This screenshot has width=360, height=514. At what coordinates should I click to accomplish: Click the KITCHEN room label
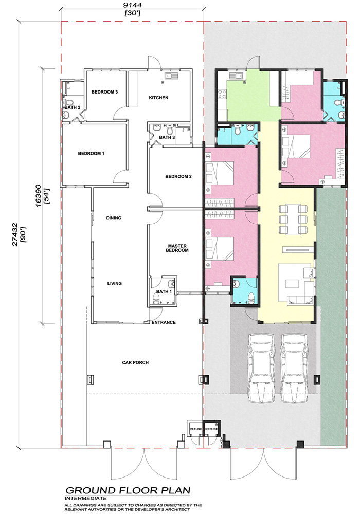158,98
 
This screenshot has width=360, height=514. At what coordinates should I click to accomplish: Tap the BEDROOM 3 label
104,92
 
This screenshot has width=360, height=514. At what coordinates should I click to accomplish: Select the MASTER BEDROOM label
177,248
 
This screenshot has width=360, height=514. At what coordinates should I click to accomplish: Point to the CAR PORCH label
135,362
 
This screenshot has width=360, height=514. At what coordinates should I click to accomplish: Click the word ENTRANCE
164,323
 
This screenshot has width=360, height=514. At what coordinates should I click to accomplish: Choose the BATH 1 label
164,292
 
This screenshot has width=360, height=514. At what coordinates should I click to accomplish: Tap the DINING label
114,218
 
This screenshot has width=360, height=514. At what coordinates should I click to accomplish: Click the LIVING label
114,283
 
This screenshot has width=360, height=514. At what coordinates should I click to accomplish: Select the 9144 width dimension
133,6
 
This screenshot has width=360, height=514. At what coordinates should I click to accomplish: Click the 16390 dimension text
39,196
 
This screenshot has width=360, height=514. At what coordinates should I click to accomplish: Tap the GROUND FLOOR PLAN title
128,491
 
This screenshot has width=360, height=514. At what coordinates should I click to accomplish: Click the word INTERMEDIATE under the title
86,498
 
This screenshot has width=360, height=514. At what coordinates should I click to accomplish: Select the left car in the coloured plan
261,368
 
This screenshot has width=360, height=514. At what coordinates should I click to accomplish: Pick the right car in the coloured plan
294,368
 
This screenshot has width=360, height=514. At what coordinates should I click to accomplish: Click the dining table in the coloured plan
294,219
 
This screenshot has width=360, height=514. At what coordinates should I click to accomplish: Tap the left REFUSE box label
196,429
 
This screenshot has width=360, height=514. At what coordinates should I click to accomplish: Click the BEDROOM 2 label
178,177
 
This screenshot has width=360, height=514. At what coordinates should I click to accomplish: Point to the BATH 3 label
167,137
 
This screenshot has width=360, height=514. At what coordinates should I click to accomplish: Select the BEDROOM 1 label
91,153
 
